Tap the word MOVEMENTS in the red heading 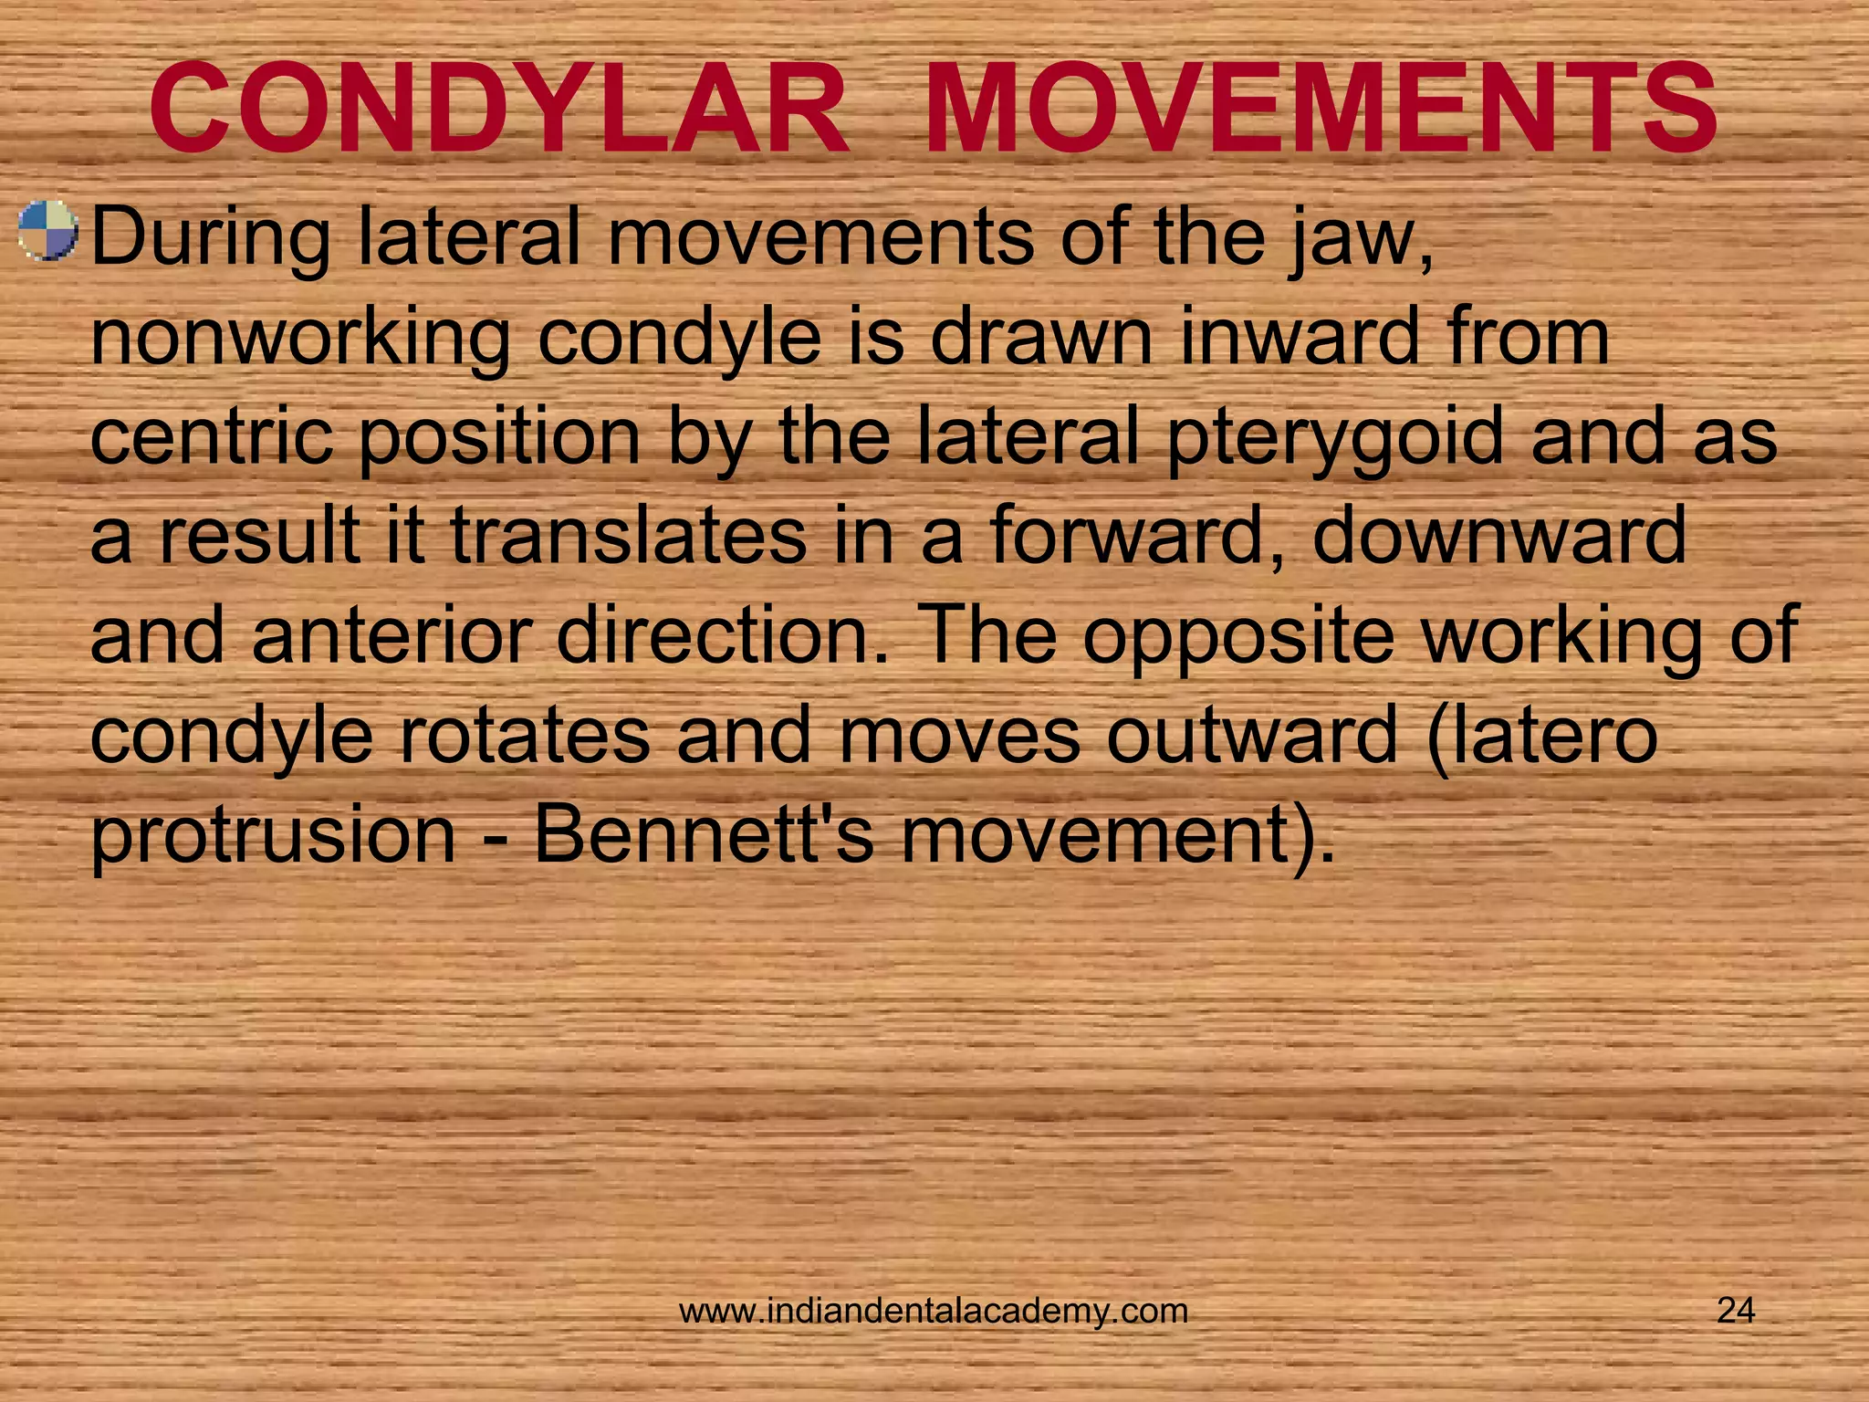(x=1321, y=111)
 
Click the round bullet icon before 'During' (x=48, y=232)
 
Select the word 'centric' (x=211, y=436)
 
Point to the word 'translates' (x=629, y=536)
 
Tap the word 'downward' (x=1499, y=536)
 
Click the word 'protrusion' (x=273, y=835)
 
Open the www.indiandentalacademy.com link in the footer (x=934, y=1311)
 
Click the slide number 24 (x=1736, y=1311)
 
